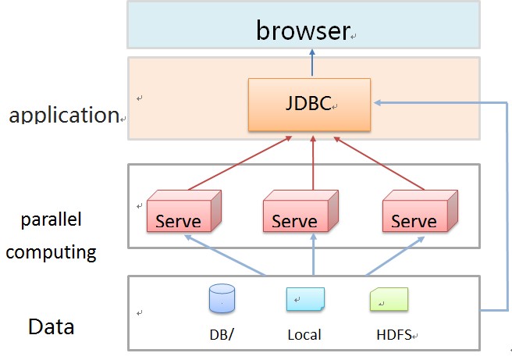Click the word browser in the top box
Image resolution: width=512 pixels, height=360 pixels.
(303, 30)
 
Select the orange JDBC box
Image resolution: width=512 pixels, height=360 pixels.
(309, 105)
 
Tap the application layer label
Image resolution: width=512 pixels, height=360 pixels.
(64, 115)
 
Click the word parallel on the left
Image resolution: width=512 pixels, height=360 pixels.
(52, 219)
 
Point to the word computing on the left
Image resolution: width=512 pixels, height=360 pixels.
(52, 252)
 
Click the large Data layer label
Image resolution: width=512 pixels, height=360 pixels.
(52, 326)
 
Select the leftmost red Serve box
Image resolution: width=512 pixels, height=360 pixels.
(184, 211)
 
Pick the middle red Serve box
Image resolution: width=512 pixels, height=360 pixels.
(300, 211)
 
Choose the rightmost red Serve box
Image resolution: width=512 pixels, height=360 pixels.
(420, 211)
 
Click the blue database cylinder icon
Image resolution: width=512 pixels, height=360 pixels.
(222, 298)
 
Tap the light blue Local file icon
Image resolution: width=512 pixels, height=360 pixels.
(305, 299)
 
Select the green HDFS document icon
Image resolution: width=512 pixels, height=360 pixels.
(389, 299)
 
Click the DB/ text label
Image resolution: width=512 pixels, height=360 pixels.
(222, 334)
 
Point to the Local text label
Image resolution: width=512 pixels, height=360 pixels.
(304, 335)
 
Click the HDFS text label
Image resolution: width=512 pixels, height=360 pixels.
(394, 335)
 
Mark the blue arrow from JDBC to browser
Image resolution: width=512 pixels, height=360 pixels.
(312, 62)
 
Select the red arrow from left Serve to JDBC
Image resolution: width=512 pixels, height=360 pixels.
(240, 163)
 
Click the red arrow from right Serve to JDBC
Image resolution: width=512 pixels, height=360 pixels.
(379, 163)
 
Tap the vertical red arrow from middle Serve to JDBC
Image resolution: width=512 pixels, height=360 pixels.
(313, 162)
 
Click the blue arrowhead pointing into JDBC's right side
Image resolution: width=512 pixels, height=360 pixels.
(378, 102)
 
